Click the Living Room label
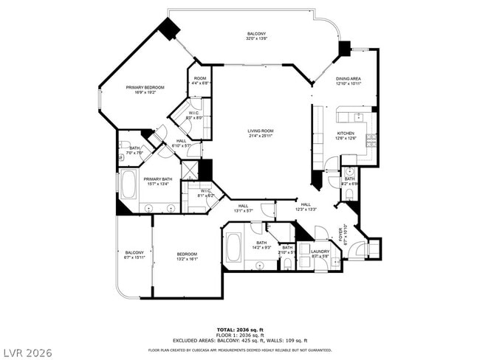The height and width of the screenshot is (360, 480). (260, 134)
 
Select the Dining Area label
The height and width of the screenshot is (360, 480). (349, 80)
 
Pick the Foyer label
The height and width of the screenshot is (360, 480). (340, 235)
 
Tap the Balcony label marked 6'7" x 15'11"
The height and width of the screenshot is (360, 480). (134, 255)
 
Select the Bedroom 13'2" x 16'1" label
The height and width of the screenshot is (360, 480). (187, 257)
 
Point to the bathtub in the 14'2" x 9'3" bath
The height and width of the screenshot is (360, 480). (233, 248)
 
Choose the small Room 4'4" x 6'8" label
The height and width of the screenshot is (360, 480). (200, 80)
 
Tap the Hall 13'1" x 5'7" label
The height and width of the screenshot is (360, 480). (243, 208)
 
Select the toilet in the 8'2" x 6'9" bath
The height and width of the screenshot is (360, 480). (349, 195)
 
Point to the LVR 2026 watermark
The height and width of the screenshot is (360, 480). (27, 353)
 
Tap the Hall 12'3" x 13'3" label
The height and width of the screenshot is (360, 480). (306, 207)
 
